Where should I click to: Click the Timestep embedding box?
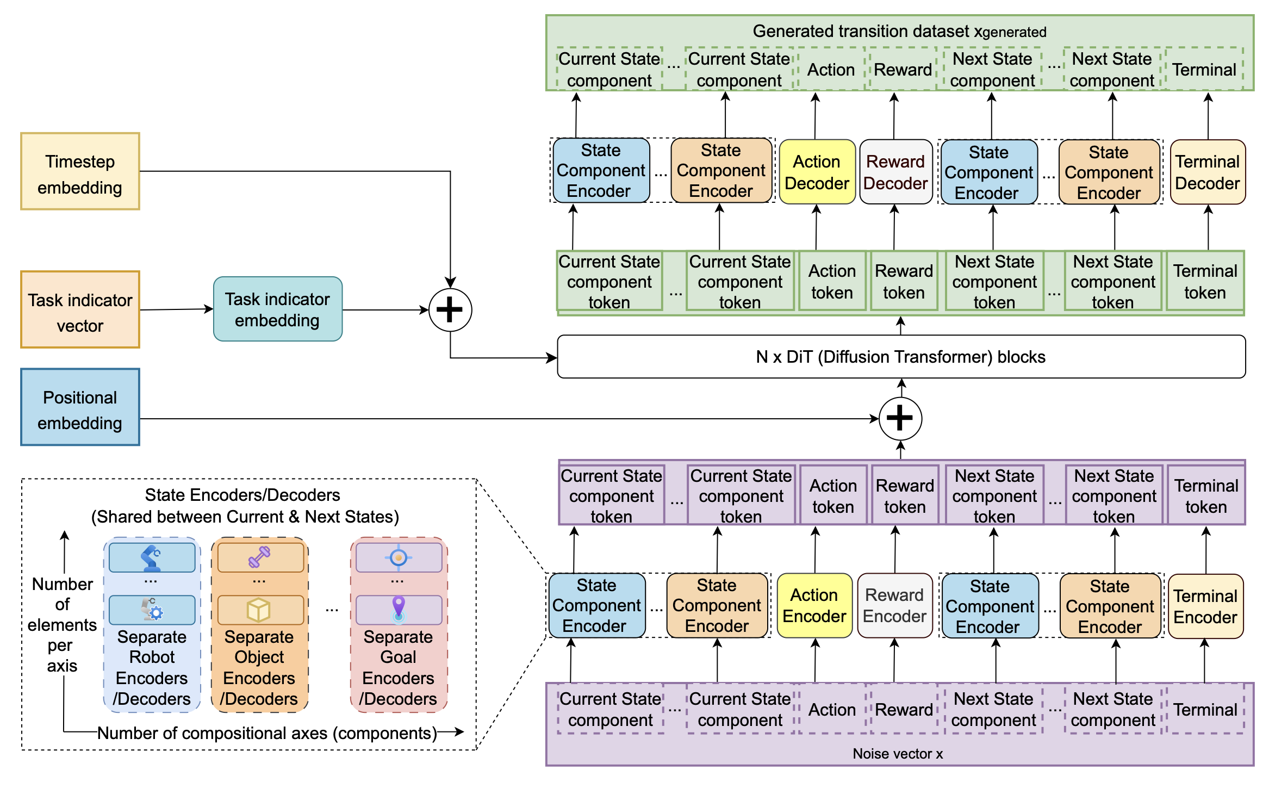click(x=80, y=171)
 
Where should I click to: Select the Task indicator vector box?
click(x=80, y=309)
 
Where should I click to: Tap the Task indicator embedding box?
click(x=278, y=309)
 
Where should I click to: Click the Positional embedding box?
click(x=80, y=407)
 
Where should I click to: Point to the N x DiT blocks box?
click(x=901, y=357)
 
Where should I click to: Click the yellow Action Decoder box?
click(x=817, y=172)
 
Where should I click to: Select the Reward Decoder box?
click(x=895, y=172)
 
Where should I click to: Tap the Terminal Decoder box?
click(x=1208, y=172)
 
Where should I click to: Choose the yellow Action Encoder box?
click(x=814, y=605)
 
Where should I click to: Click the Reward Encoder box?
click(x=895, y=605)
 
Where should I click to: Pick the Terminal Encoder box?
click(x=1205, y=606)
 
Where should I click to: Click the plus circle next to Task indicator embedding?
click(x=450, y=310)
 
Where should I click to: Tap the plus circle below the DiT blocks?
click(x=900, y=419)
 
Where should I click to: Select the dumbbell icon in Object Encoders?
click(x=259, y=557)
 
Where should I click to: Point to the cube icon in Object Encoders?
click(x=258, y=610)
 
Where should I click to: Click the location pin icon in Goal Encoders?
click(x=399, y=609)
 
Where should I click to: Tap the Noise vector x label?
click(x=898, y=754)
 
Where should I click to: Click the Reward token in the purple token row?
click(x=905, y=495)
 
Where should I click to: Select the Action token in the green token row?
click(x=832, y=281)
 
